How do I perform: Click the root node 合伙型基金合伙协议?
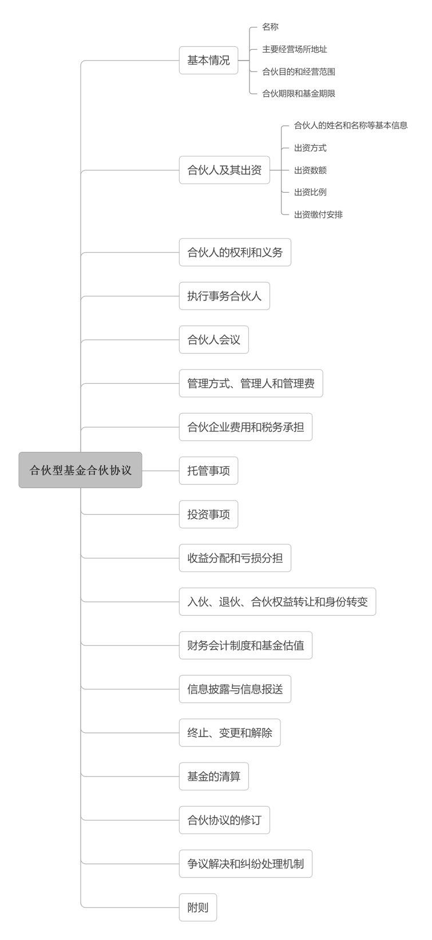tap(80, 470)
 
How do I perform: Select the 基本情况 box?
tap(209, 61)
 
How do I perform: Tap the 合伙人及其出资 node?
tap(225, 170)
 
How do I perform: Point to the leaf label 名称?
tap(271, 27)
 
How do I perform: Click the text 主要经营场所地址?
tap(295, 49)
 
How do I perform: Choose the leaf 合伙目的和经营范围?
tap(299, 72)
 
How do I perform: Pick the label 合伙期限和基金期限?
tap(299, 94)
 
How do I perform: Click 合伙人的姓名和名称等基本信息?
tap(351, 125)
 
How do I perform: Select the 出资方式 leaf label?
tap(310, 148)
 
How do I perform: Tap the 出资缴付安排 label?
tap(318, 215)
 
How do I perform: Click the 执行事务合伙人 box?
tap(225, 296)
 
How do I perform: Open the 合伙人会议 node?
tap(214, 339)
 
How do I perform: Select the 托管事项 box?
tap(209, 470)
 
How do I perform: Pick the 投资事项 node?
tap(209, 514)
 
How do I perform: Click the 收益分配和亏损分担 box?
tap(235, 558)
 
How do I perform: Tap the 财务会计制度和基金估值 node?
tap(245, 645)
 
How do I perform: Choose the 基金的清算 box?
tap(214, 776)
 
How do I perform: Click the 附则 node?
tap(198, 907)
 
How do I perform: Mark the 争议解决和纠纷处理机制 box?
tap(245, 864)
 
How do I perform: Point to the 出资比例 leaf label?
tap(310, 192)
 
